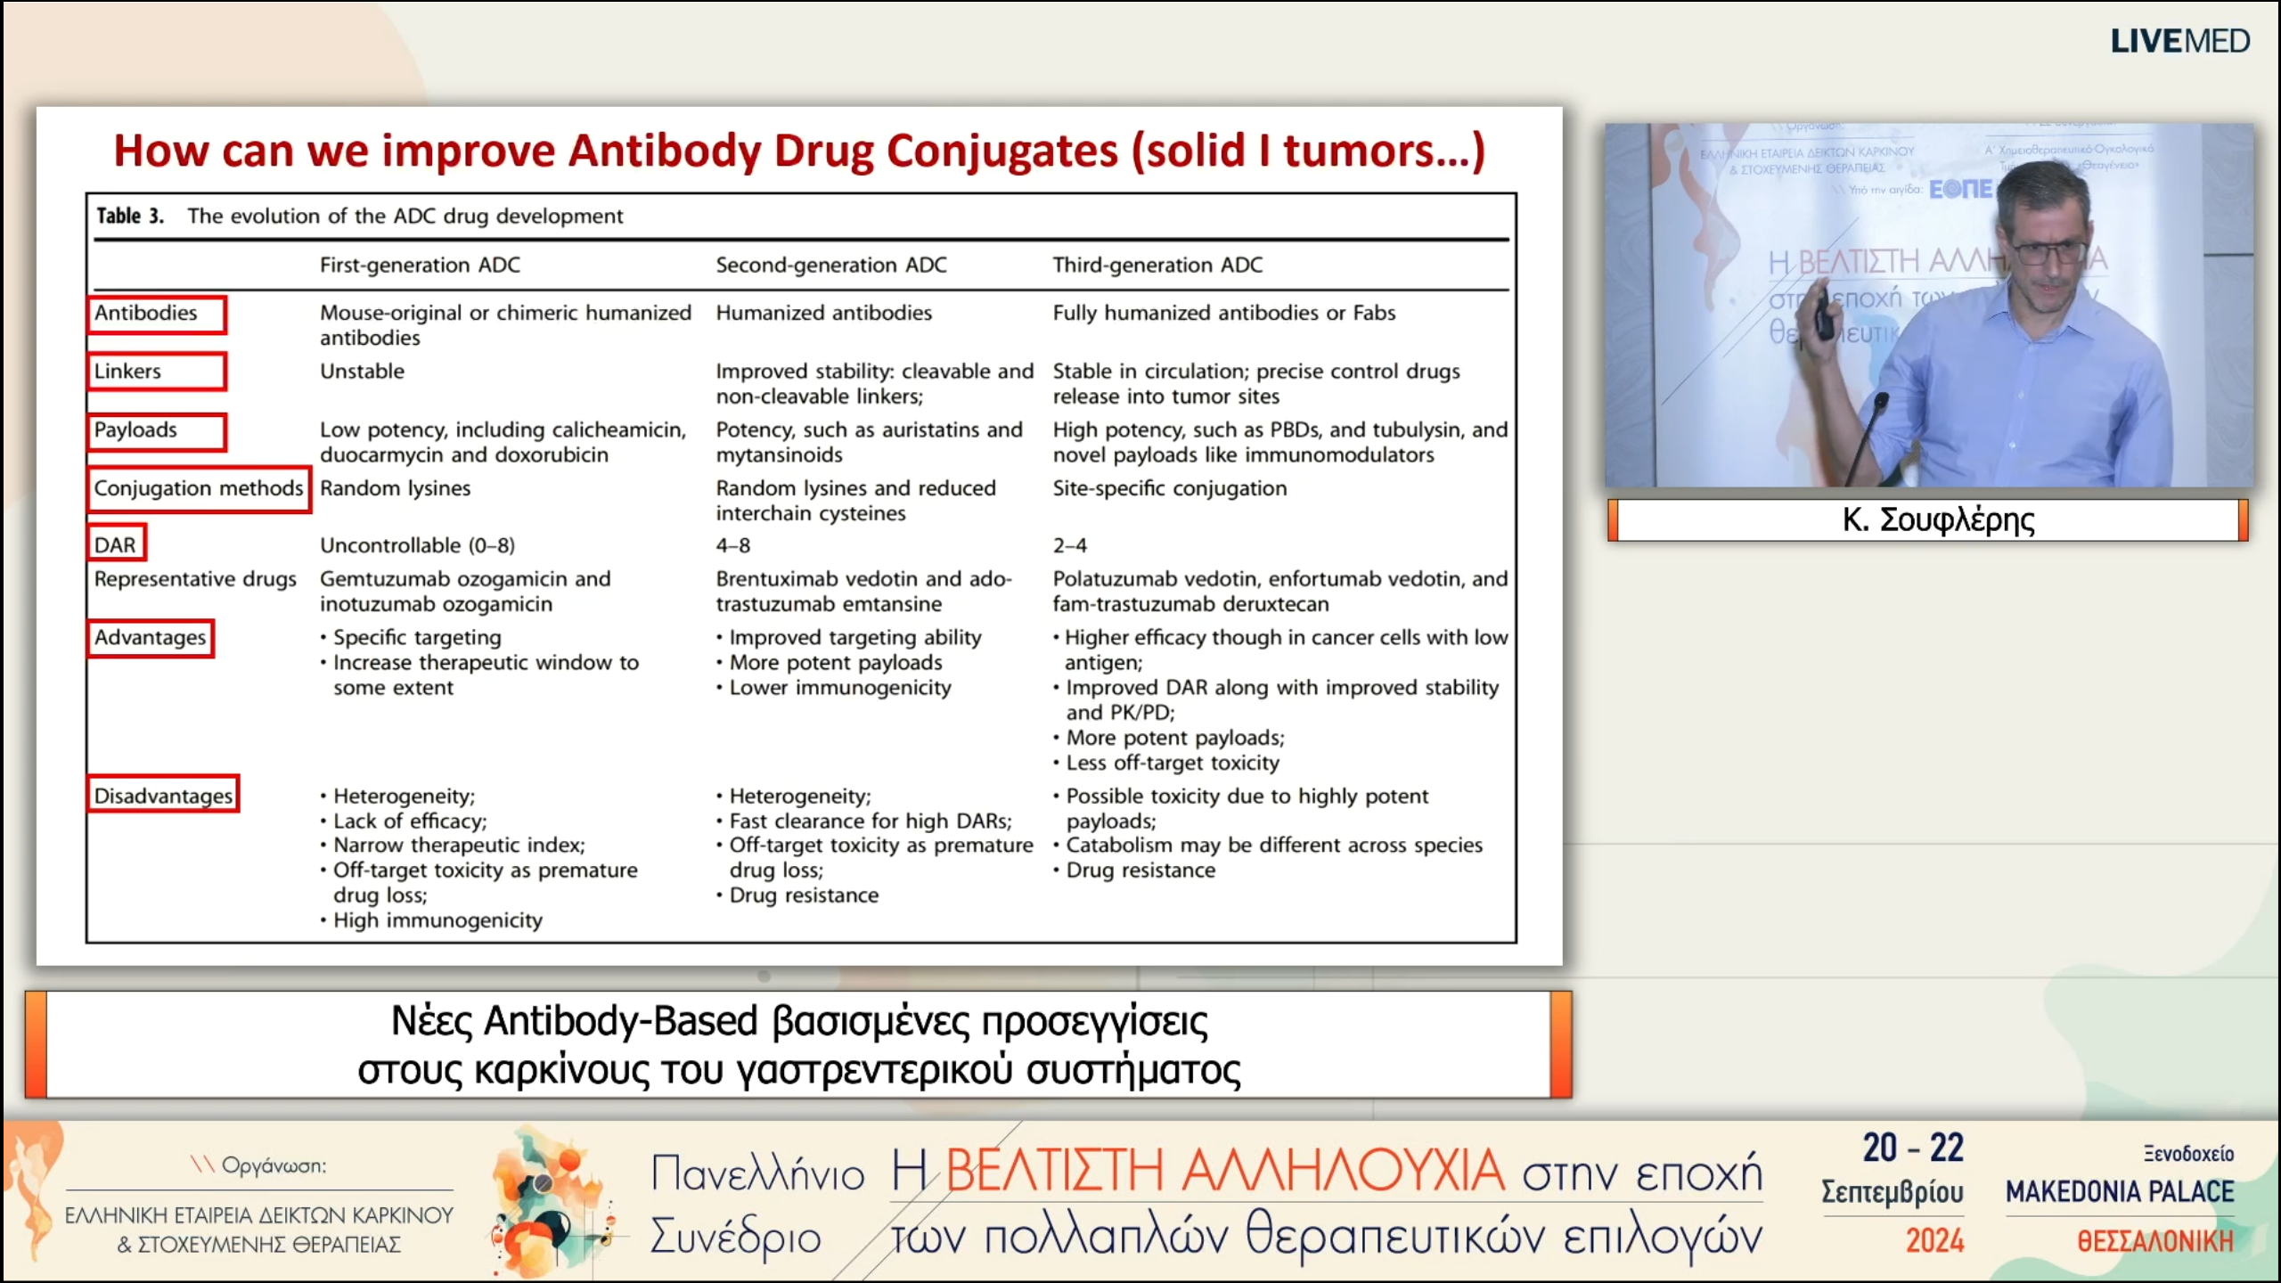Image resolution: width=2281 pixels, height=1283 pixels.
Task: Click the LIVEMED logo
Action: (2179, 41)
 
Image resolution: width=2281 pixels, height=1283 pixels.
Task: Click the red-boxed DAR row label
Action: (116, 544)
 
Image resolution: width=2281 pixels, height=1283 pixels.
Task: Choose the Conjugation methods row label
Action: (198, 488)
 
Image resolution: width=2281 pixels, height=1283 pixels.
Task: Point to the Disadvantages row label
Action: (163, 795)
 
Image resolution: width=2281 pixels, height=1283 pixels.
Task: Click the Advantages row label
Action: (151, 638)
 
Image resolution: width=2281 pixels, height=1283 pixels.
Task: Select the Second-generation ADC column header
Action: (830, 265)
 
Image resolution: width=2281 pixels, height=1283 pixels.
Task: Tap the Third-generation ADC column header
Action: (1157, 265)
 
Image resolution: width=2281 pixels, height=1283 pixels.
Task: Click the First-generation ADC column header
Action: (420, 265)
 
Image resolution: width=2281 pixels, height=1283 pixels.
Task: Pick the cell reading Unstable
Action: (362, 371)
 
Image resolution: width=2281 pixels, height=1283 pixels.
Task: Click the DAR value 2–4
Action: (1069, 544)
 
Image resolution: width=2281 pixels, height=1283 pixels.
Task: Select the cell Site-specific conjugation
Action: (1169, 488)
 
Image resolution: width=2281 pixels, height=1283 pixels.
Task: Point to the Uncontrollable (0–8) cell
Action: (417, 544)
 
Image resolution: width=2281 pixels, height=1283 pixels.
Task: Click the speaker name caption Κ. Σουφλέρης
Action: (1938, 519)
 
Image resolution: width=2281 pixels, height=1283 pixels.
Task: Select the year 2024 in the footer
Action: (1934, 1240)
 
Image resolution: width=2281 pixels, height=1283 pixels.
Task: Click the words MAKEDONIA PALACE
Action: (2120, 1192)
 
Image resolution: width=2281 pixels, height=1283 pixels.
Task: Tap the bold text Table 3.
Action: (130, 216)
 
